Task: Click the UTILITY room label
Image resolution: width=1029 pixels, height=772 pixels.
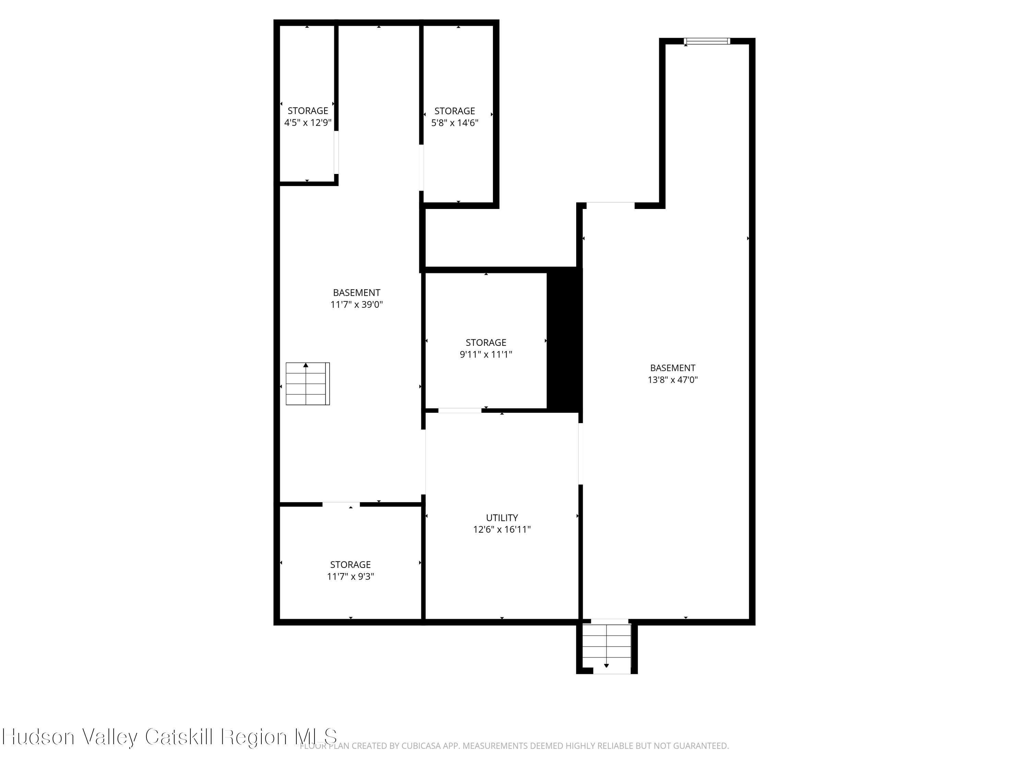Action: coord(501,517)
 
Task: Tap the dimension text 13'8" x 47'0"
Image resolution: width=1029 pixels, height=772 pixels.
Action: coord(673,380)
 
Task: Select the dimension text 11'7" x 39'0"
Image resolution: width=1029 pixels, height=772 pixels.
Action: coord(356,305)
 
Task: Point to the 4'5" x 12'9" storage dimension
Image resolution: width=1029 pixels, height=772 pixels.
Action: coord(307,123)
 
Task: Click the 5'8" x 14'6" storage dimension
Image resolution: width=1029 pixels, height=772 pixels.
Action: coord(454,123)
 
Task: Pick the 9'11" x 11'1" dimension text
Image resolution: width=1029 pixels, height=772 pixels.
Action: coord(486,354)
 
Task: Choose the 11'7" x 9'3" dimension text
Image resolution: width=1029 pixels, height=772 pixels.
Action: coord(350,576)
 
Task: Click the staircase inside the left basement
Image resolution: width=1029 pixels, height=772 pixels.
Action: coord(307,384)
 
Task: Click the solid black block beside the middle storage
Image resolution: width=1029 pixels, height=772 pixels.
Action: coord(564,340)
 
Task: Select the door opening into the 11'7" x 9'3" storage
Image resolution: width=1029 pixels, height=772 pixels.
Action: coord(341,504)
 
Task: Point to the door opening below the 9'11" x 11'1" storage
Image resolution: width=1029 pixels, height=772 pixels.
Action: coord(460,410)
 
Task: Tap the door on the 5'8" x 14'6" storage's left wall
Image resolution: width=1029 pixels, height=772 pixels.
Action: coord(422,167)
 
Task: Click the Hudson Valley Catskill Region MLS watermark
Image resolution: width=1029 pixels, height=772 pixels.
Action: coord(169,737)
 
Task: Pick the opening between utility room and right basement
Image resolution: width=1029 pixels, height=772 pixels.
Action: coord(581,453)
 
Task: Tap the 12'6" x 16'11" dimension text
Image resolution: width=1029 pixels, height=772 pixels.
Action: coord(501,529)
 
